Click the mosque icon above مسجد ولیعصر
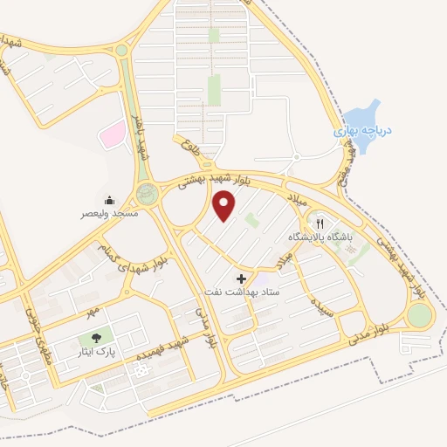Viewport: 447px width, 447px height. pyautogui.click(x=109, y=200)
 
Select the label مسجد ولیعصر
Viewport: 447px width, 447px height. pyautogui.click(x=107, y=213)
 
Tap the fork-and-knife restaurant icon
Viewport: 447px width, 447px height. pyautogui.click(x=320, y=223)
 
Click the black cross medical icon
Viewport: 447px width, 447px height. pyautogui.click(x=242, y=279)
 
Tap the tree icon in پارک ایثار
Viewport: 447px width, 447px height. pyautogui.click(x=93, y=338)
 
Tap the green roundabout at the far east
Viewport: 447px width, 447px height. pyautogui.click(x=420, y=315)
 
